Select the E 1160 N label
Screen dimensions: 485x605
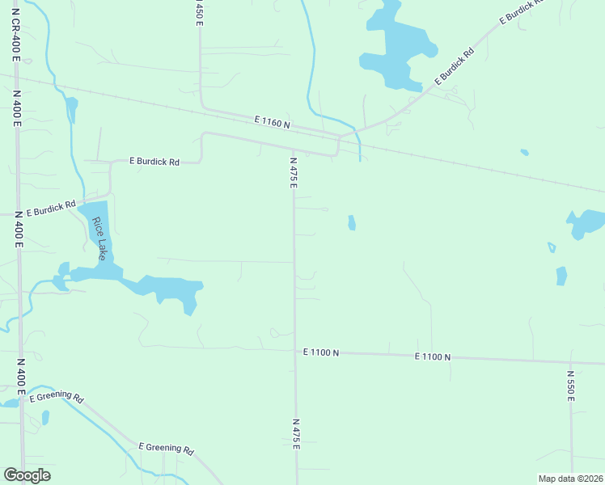271,122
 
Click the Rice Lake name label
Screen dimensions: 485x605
99,234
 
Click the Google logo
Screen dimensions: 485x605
27,475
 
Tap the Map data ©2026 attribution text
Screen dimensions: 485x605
570,479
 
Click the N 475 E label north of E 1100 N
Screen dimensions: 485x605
294,173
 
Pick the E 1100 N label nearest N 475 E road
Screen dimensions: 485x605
321,352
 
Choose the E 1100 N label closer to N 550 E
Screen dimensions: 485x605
433,356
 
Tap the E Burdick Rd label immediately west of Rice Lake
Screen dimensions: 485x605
50,209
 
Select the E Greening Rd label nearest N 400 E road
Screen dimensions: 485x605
57,397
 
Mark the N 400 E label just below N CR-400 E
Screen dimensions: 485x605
17,108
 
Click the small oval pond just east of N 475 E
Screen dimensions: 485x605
351,222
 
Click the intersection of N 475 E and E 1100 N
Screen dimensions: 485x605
294,352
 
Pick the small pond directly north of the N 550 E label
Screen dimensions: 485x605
561,276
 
